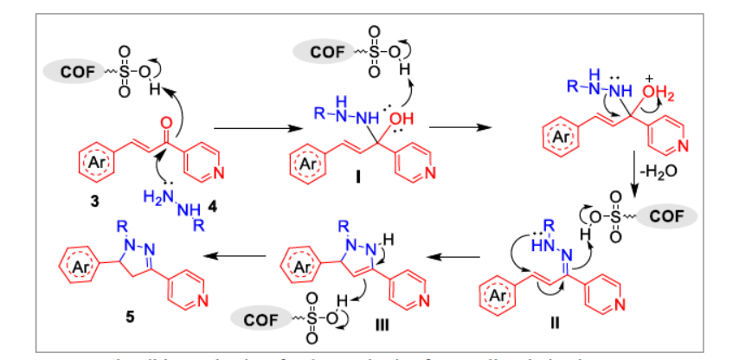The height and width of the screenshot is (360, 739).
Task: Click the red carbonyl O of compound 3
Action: click(x=168, y=112)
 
